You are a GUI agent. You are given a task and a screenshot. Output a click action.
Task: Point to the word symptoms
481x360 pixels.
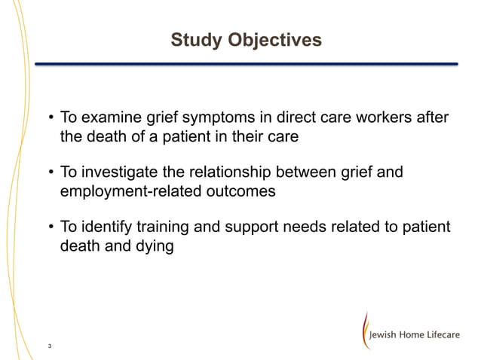pyautogui.click(x=213, y=118)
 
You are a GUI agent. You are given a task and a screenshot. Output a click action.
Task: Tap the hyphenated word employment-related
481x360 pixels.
pyautogui.click(x=130, y=191)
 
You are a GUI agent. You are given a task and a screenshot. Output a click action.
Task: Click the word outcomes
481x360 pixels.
pyautogui.click(x=241, y=191)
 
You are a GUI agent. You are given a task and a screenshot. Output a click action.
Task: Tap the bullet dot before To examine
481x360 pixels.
pyautogui.click(x=51, y=119)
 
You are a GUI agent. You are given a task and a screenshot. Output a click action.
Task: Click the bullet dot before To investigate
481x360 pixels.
pyautogui.click(x=51, y=174)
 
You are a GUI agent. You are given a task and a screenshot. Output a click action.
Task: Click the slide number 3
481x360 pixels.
pyautogui.click(x=49, y=346)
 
